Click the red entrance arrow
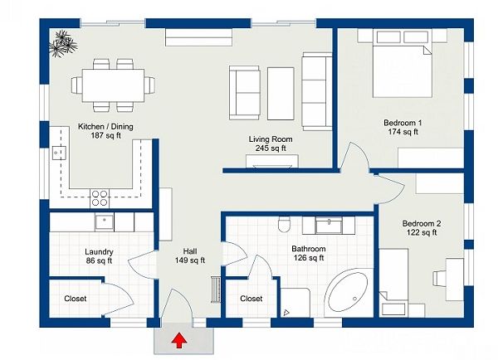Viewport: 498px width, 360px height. (x=179, y=340)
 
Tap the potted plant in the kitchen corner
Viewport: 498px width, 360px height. (x=63, y=44)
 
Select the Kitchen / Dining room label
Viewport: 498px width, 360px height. (x=105, y=126)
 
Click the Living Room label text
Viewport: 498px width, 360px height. (x=271, y=139)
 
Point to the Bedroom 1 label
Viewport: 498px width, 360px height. (x=403, y=123)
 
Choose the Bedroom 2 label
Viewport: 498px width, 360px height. (x=422, y=223)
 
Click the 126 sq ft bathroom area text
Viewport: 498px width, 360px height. (x=309, y=258)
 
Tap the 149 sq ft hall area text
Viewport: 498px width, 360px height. (x=190, y=260)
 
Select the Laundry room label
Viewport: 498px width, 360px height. (x=99, y=251)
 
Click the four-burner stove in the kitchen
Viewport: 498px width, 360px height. (x=100, y=198)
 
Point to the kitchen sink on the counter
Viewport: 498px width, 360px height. (x=59, y=153)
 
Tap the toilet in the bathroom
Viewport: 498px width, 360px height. (x=284, y=225)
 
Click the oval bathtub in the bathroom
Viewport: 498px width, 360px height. (x=348, y=292)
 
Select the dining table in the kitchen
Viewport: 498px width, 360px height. (x=113, y=85)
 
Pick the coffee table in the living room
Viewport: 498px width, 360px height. (x=281, y=94)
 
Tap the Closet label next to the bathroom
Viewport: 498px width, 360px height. (x=251, y=299)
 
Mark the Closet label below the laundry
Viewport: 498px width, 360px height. (x=76, y=299)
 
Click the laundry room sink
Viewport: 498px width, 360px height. (x=105, y=221)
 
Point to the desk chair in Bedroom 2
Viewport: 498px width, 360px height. (x=438, y=279)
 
